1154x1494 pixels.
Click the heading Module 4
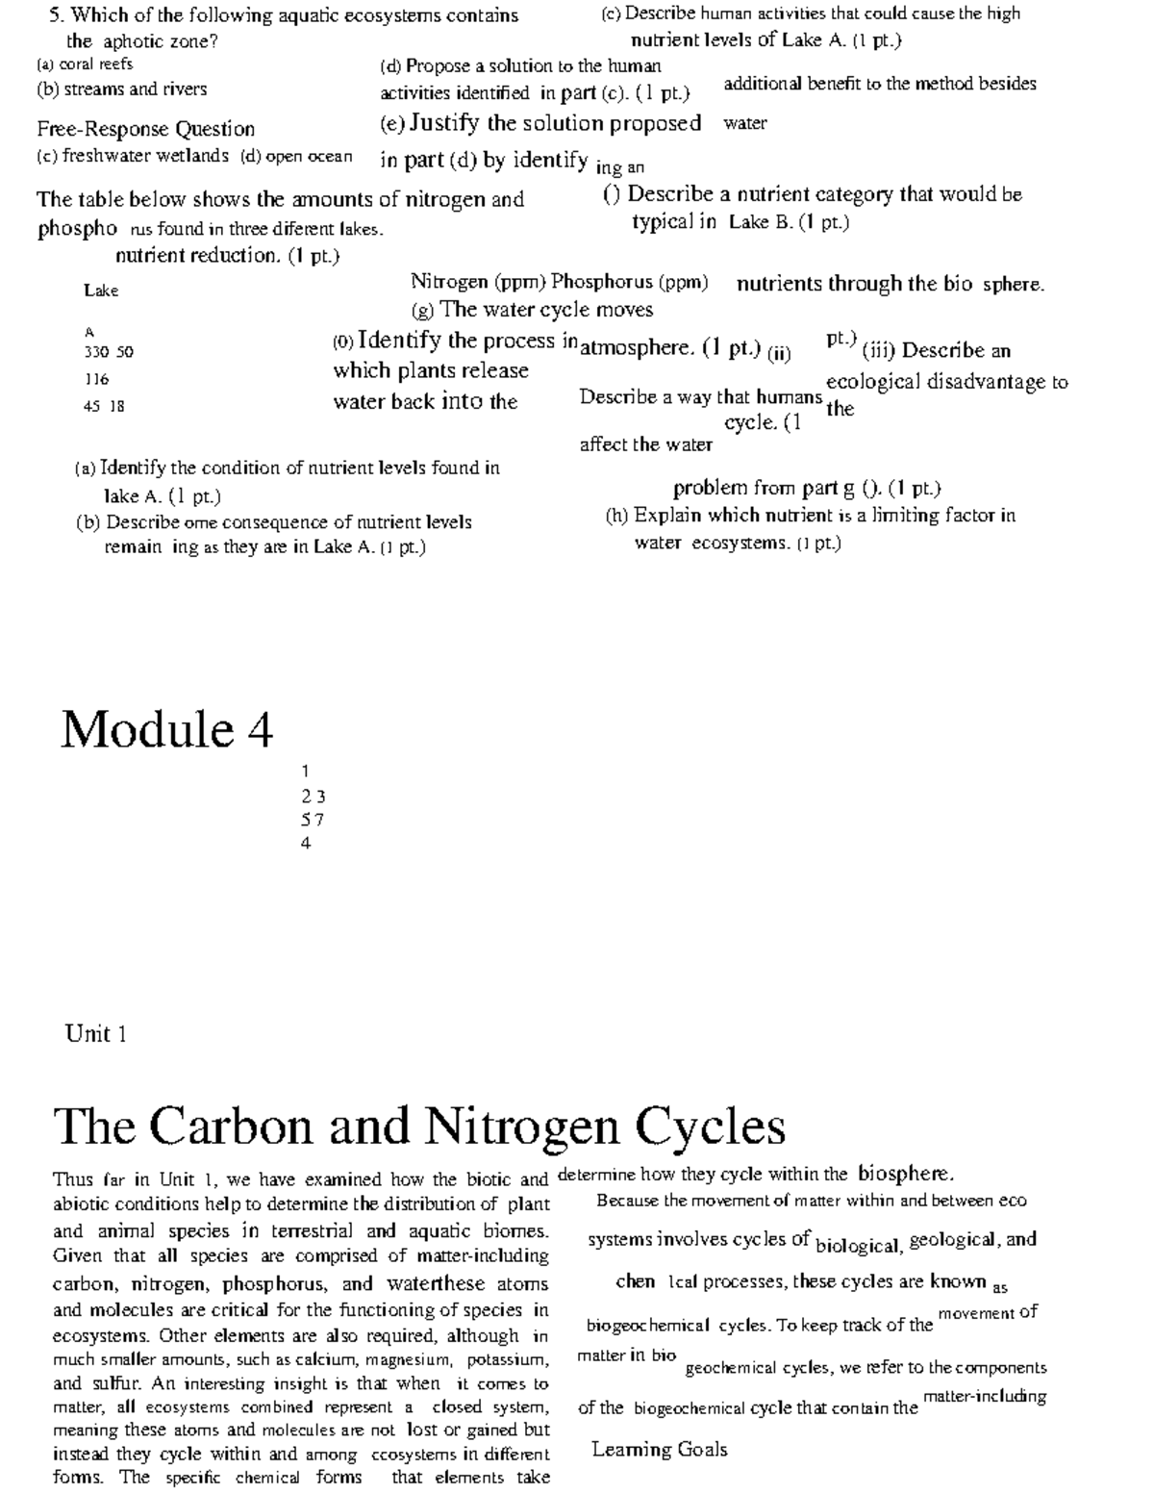[x=167, y=729]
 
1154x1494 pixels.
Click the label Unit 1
[x=96, y=1034]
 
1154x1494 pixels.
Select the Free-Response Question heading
[x=146, y=129]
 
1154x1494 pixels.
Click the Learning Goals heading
[x=660, y=1450]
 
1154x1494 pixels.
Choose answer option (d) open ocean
[x=296, y=156]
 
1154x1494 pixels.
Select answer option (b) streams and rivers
[x=121, y=89]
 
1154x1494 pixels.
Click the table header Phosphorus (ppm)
[x=630, y=282]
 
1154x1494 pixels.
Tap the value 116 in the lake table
[x=96, y=379]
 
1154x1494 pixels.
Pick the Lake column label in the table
[x=101, y=291]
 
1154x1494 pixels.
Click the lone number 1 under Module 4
[x=305, y=771]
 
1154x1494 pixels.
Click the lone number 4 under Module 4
[x=306, y=844]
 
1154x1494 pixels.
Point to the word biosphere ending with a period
[x=905, y=1174]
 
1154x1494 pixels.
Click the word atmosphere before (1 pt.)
[x=636, y=348]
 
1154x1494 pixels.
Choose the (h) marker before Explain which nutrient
[x=616, y=516]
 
